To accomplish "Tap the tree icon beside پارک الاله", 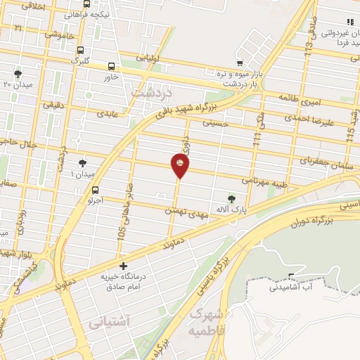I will click(x=233, y=199).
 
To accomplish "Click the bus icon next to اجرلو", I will click(x=96, y=189).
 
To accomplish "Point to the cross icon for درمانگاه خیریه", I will click(x=124, y=266).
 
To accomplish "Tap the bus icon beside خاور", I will click(x=111, y=67).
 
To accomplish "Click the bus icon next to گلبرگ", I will click(x=80, y=50).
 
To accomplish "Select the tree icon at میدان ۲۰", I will click(x=17, y=74).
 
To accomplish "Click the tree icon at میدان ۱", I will click(x=83, y=162).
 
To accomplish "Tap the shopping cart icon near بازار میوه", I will click(x=240, y=63).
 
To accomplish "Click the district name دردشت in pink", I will click(x=151, y=92).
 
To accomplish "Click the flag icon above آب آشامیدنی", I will click(x=292, y=275).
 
